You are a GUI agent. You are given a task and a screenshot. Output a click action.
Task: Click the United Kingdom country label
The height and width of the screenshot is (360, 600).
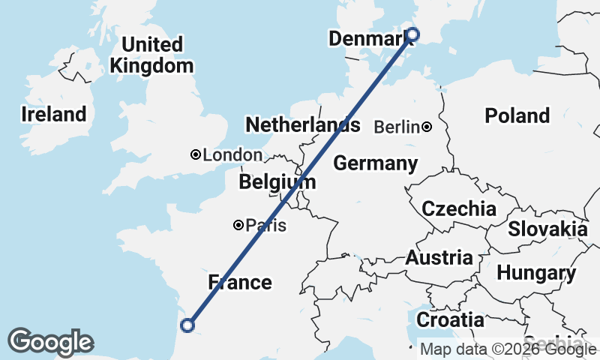point(151,55)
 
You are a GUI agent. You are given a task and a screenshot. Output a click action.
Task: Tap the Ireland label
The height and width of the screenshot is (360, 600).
point(53,115)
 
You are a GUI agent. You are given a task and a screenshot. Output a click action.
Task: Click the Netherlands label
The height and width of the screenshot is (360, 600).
point(302,124)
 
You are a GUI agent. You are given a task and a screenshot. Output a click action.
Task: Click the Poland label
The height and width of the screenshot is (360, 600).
point(517,115)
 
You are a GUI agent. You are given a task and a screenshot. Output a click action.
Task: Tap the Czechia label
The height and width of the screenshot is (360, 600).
point(458,208)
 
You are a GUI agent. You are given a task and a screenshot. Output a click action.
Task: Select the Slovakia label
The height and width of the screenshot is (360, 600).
point(547,229)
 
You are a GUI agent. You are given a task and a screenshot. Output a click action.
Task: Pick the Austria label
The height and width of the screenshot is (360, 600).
point(439,258)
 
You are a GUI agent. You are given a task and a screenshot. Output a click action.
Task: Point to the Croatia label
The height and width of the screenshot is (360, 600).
point(450,319)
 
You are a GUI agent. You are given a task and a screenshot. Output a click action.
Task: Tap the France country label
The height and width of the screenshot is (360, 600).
point(239,282)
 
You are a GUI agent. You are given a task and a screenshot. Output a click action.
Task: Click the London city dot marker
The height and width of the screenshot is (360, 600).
point(196,154)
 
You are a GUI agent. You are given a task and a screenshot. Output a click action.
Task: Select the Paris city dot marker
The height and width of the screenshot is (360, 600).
point(238,224)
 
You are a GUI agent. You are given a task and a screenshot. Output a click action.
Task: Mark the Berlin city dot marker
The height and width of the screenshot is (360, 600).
point(426,127)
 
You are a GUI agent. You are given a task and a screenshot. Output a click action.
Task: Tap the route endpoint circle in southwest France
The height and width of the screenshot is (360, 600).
point(187,325)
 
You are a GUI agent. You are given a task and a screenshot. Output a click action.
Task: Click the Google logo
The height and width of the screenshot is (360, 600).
point(50,342)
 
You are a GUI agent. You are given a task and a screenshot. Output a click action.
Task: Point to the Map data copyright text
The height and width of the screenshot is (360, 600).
point(508,349)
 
